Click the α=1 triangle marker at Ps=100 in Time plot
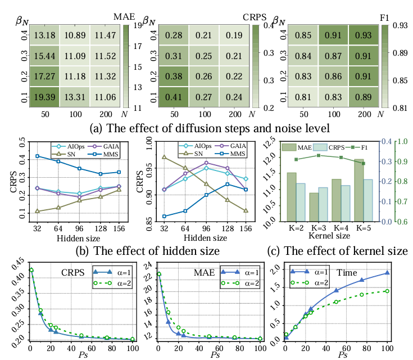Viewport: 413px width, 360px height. click(x=387, y=273)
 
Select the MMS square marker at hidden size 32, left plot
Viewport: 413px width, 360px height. click(x=38, y=156)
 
